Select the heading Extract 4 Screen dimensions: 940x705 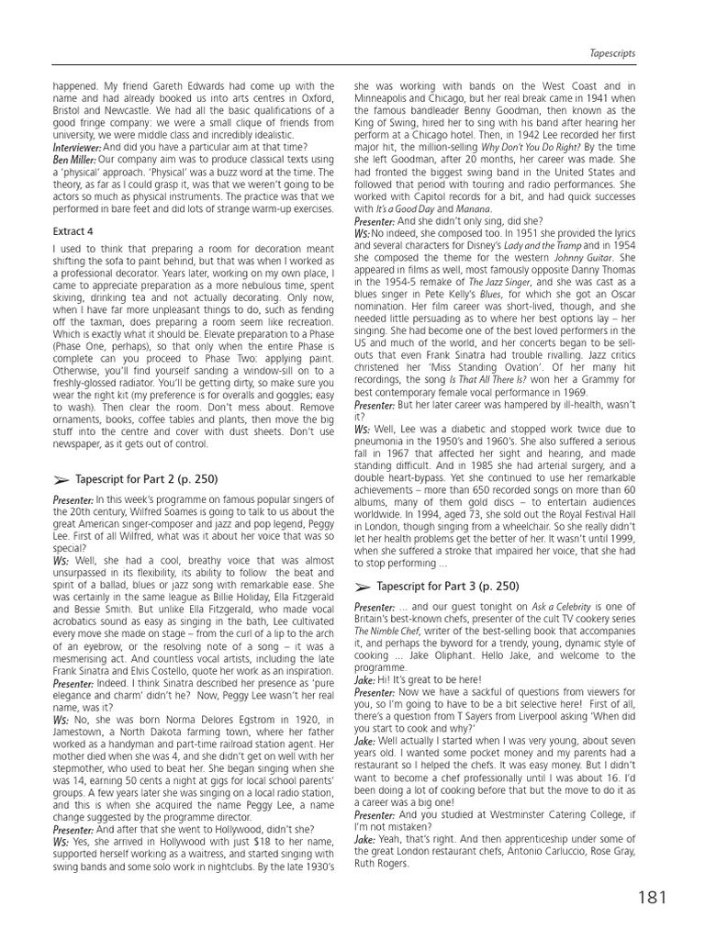pyautogui.click(x=74, y=231)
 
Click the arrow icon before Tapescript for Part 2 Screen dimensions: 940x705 pyautogui.click(x=62, y=480)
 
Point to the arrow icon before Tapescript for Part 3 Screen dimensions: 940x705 pyautogui.click(x=363, y=587)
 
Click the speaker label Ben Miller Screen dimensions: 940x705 pyautogui.click(x=76, y=159)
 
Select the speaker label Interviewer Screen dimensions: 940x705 pyautogui.click(x=77, y=147)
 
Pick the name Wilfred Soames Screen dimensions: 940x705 pyautogui.click(x=213, y=511)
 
